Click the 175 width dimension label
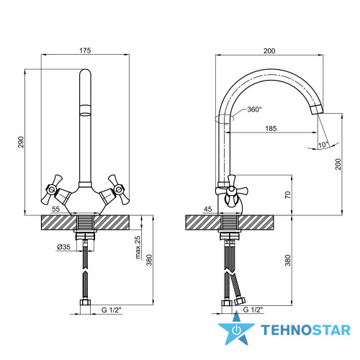click(85, 50)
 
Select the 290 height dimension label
click(22, 142)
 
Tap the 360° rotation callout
click(254, 109)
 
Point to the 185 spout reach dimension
click(271, 129)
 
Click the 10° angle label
click(323, 145)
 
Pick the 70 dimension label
click(288, 194)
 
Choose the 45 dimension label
click(208, 210)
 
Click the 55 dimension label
click(55, 209)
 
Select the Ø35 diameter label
click(63, 247)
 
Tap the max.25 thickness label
click(138, 248)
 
